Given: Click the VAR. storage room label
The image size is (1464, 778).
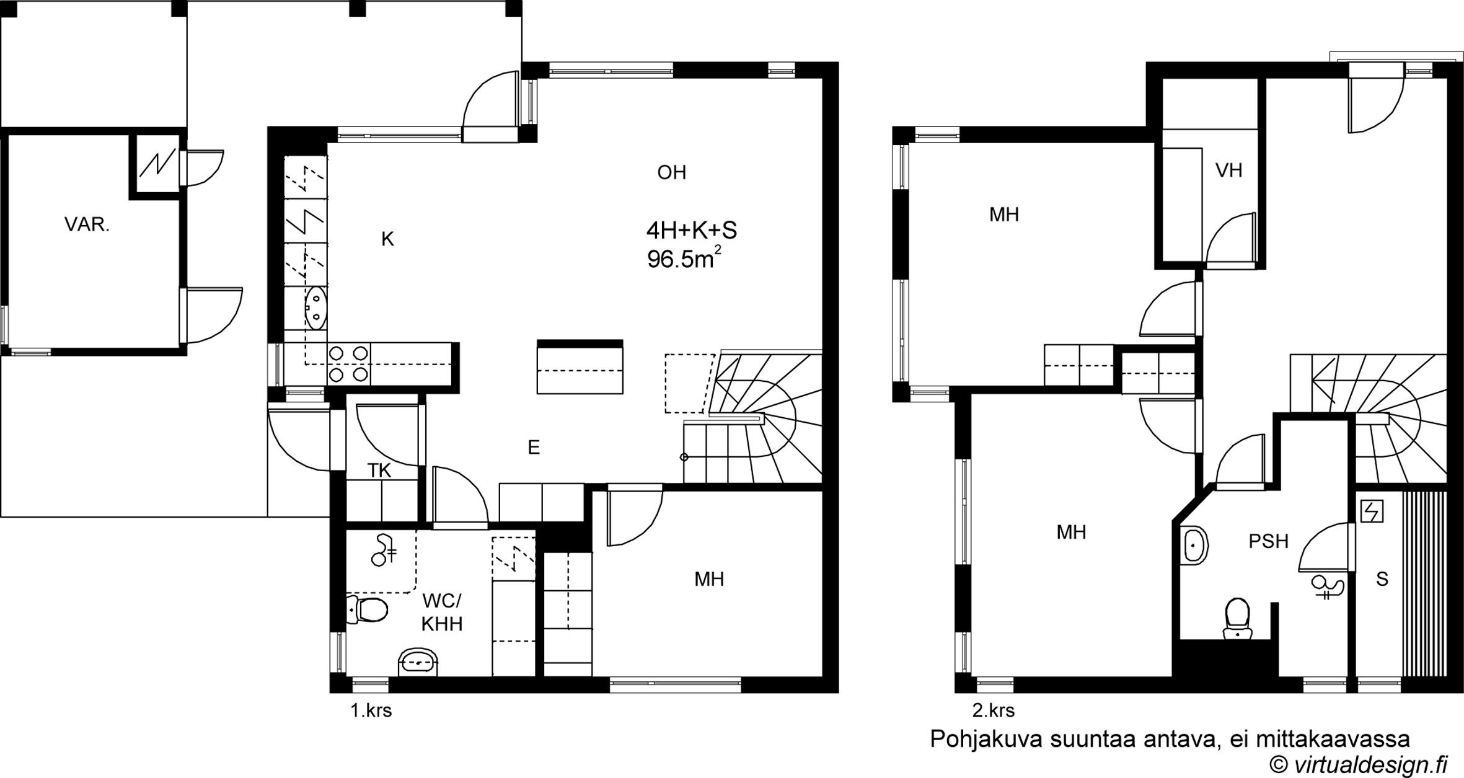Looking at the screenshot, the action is point(87,224).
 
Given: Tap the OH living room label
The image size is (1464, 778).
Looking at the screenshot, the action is point(672,172).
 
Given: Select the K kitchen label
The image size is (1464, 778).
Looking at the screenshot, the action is point(387,239).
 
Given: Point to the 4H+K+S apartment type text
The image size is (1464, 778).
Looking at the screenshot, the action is point(692,231).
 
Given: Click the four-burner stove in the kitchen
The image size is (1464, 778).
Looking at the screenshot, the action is point(348,364).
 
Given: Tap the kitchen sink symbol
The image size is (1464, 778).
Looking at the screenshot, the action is point(316,308).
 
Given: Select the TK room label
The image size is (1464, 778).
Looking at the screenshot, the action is point(379,471).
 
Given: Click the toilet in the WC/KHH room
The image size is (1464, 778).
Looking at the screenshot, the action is point(367,609).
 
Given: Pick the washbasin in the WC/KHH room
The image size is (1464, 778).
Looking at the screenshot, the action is point(420,663).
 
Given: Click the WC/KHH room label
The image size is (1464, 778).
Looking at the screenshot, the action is point(442,612).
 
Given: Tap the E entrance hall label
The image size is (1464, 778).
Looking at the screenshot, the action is point(534,448).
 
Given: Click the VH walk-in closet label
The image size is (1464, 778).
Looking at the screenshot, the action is point(1229,170).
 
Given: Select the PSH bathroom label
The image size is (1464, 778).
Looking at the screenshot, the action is point(1269,541).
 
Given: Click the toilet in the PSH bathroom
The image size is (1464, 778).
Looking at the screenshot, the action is point(1238,618).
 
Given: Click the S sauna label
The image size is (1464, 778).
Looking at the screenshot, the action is point(1382,579).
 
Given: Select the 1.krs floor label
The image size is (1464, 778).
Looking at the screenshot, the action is point(371,710).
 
